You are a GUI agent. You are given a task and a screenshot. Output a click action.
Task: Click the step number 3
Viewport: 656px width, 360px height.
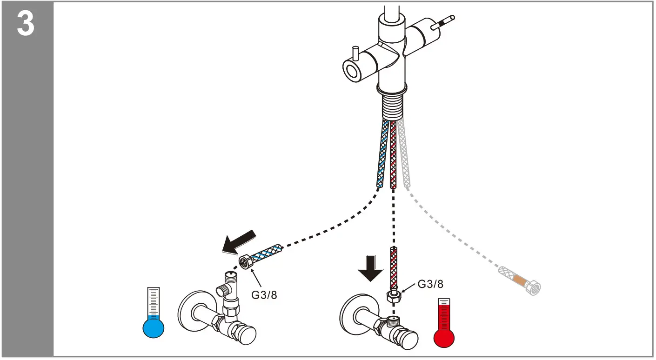[x=26, y=24]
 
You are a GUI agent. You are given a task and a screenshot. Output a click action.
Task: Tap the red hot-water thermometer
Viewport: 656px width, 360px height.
[x=445, y=326]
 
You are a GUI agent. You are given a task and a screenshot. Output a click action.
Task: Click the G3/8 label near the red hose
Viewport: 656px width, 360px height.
[x=430, y=284]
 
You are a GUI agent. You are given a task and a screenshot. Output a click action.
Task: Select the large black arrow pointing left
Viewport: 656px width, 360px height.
[x=239, y=242]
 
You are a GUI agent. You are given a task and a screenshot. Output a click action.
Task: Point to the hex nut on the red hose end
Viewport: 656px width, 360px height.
[x=393, y=296]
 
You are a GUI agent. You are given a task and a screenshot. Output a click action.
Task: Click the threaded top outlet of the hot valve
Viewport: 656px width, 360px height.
[x=393, y=319]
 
